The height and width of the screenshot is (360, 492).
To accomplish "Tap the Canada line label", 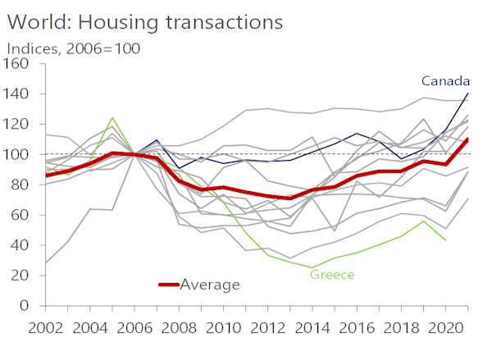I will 445,80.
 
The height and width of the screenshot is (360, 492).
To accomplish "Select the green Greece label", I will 331,274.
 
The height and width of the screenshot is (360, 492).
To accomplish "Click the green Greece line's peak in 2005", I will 112,117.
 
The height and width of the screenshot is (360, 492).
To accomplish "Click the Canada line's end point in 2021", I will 468,93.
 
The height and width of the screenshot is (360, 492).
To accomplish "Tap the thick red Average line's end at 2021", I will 468,139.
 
